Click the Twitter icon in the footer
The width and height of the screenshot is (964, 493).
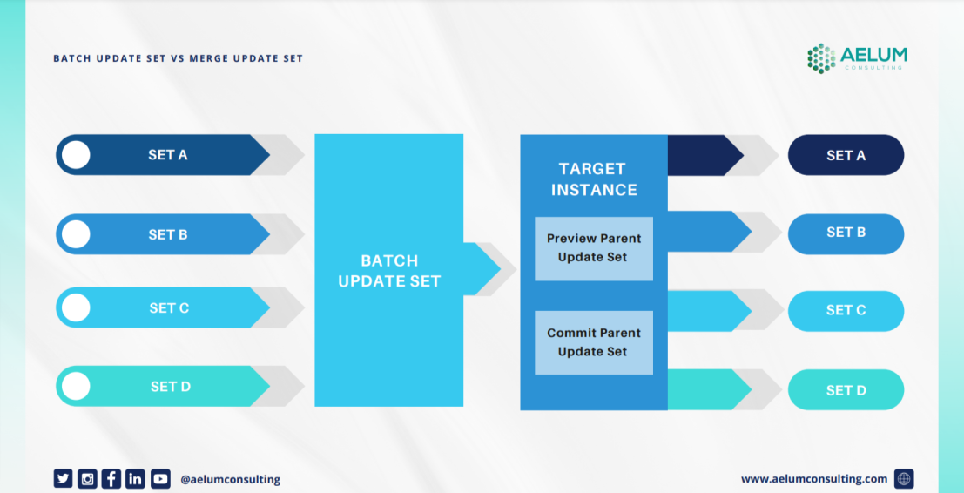(63, 478)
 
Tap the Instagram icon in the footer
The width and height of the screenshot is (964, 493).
(87, 478)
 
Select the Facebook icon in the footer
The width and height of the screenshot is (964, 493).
(111, 478)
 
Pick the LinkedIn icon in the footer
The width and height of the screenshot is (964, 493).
(135, 478)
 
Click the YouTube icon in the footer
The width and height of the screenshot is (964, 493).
(160, 478)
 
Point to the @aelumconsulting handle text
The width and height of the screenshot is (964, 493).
(230, 479)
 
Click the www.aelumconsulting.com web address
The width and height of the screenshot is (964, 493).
(814, 478)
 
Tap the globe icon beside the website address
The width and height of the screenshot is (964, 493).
(904, 478)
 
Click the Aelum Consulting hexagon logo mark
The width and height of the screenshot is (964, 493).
(820, 57)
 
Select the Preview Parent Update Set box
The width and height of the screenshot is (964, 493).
(593, 248)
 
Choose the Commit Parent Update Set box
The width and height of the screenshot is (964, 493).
(593, 342)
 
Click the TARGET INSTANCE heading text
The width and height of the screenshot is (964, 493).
(593, 179)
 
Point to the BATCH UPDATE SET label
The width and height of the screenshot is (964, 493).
(389, 271)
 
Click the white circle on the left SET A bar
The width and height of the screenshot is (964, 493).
(77, 155)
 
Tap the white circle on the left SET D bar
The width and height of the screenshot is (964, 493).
(77, 386)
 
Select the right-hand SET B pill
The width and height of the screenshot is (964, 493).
(846, 233)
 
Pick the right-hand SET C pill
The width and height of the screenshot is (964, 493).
(846, 311)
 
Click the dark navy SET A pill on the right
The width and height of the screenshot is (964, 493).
(846, 156)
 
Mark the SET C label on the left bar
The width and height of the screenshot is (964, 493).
(169, 308)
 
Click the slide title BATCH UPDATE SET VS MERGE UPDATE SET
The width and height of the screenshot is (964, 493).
(178, 58)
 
